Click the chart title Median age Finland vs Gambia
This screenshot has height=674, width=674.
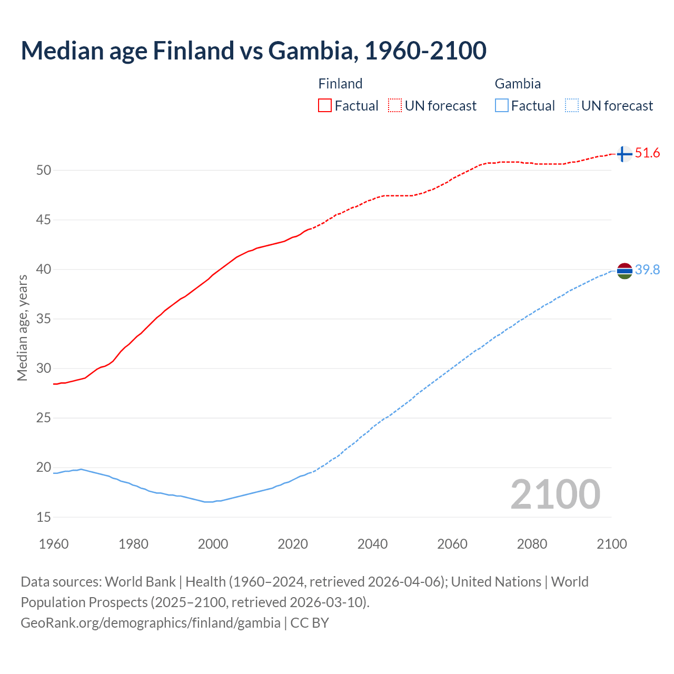[x=253, y=51]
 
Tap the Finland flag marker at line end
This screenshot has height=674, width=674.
[x=624, y=154]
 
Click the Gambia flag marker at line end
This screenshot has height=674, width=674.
[x=624, y=271]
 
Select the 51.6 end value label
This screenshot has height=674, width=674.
[x=647, y=153]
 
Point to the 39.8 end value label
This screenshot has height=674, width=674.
[x=647, y=270]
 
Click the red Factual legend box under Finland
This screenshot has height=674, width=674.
[x=325, y=106]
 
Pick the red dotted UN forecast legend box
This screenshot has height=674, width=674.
[x=395, y=106]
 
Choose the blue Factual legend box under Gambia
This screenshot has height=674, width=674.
[x=502, y=106]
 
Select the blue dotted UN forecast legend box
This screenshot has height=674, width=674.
[x=571, y=106]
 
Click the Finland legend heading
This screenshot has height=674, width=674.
[x=340, y=84]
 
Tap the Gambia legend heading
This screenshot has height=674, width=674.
[x=518, y=84]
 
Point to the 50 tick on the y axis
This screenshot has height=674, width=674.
[x=44, y=170]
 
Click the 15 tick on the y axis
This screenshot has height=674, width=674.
[x=44, y=517]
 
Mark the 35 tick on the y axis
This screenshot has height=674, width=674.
[x=44, y=319]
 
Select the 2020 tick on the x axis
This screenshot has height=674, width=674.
[x=293, y=544]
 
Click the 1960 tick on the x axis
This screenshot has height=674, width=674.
[x=54, y=544]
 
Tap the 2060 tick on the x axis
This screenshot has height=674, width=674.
[x=452, y=544]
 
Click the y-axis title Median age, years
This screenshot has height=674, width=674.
[x=22, y=328]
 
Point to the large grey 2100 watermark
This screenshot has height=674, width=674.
[x=555, y=494]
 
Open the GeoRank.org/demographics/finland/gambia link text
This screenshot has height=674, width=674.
[x=151, y=623]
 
